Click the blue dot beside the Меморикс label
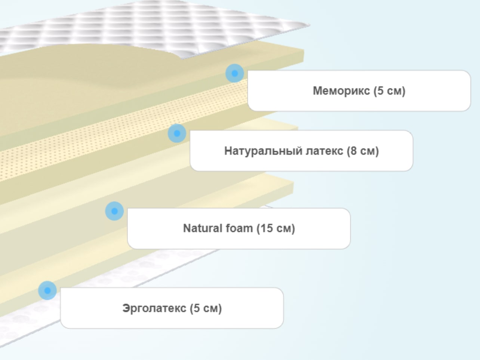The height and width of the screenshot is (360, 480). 235,73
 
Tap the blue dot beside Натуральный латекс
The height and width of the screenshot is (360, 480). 177,133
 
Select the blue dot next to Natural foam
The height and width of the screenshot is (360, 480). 114,211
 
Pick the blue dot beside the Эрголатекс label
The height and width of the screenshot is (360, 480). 47,290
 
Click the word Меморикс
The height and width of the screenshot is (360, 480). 341,91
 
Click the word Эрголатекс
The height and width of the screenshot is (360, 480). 154,308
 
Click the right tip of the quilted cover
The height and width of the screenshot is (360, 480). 310,25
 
